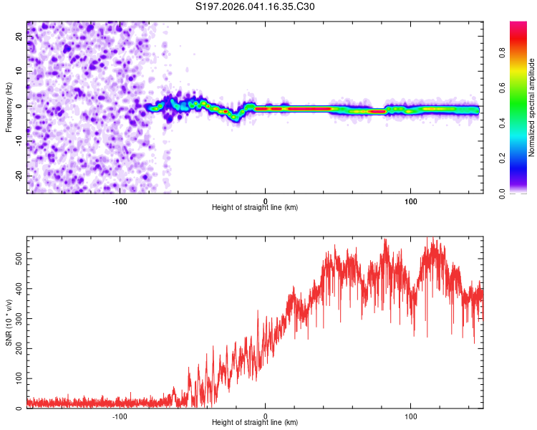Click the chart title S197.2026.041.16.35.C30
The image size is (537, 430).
click(x=255, y=7)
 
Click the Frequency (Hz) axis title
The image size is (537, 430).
click(x=9, y=106)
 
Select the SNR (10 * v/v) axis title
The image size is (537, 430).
click(x=9, y=324)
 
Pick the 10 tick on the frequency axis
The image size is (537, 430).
click(x=20, y=72)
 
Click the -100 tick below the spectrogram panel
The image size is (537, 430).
click(x=120, y=201)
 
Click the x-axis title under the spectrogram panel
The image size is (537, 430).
click(x=255, y=208)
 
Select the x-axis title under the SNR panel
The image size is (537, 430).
click(x=255, y=424)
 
